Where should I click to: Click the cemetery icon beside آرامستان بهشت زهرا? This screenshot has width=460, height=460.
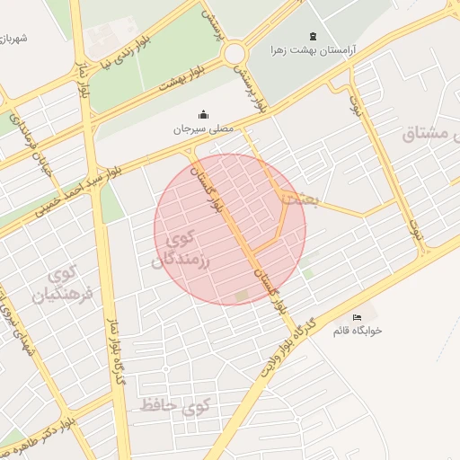click(312, 37)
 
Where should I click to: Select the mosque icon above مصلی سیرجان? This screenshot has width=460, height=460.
click(203, 115)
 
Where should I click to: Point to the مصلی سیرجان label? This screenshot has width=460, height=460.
click(203, 128)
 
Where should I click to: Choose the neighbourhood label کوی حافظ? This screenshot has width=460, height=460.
click(175, 407)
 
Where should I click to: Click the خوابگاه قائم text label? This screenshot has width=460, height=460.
click(358, 331)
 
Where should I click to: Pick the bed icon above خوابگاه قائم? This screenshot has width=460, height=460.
click(358, 317)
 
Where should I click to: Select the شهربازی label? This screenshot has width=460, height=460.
click(15, 39)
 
